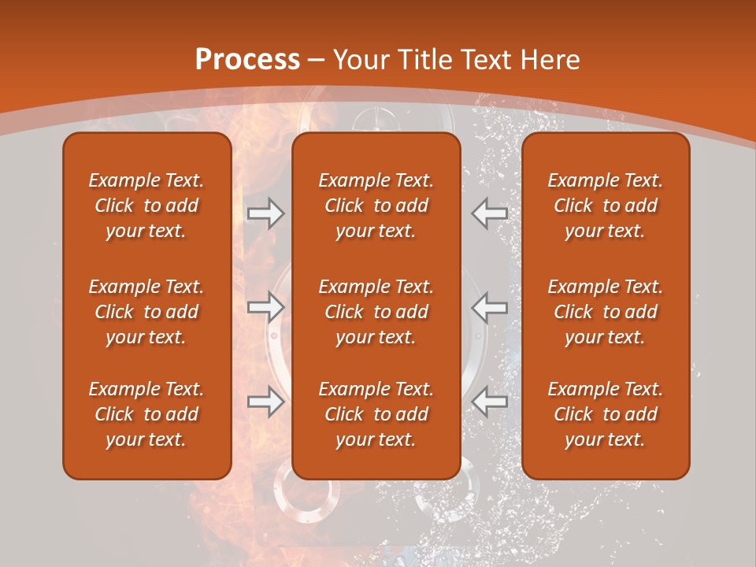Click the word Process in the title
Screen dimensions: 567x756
pyautogui.click(x=247, y=60)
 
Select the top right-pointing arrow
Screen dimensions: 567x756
pyautogui.click(x=265, y=213)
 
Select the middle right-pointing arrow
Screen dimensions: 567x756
pyautogui.click(x=265, y=306)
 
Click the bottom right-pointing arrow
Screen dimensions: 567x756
pyautogui.click(x=265, y=402)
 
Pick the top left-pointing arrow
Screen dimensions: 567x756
pyautogui.click(x=490, y=213)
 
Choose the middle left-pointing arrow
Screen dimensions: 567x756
pyautogui.click(x=490, y=306)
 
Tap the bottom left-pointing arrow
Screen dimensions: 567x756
pyautogui.click(x=490, y=402)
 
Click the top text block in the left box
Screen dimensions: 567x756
pyautogui.click(x=146, y=206)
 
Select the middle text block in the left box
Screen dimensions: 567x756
pyautogui.click(x=146, y=312)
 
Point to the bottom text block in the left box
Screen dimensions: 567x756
pyautogui.click(x=146, y=414)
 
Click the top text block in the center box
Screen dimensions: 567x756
pyautogui.click(x=376, y=206)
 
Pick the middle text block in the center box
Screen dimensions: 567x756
pyautogui.click(x=376, y=312)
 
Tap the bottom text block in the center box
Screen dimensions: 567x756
pyautogui.click(x=376, y=414)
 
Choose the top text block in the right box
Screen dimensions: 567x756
pyautogui.click(x=605, y=206)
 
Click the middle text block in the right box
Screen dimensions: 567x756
pyautogui.click(x=605, y=312)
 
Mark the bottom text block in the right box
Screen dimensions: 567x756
pyautogui.click(x=605, y=414)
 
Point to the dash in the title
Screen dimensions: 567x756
pyautogui.click(x=317, y=61)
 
